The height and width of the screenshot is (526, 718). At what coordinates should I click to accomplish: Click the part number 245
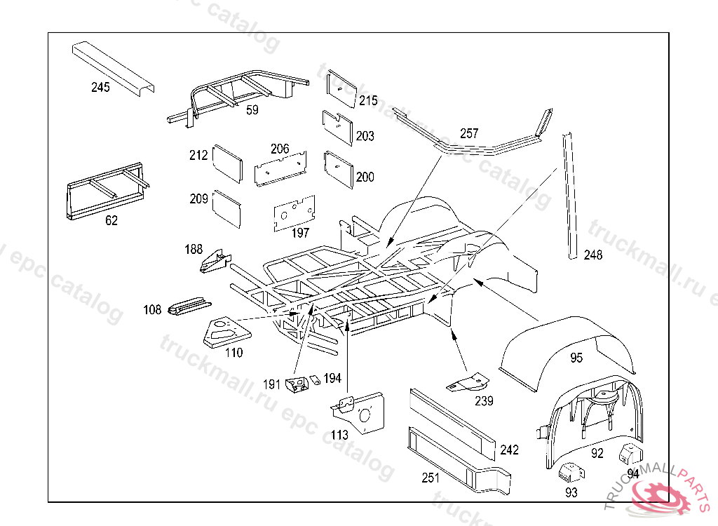coord(100,88)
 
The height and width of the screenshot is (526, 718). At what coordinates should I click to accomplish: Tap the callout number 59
coord(252,110)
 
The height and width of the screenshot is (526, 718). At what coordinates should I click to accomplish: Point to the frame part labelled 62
coord(105,191)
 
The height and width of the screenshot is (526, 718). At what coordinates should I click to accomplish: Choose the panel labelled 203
coord(338,126)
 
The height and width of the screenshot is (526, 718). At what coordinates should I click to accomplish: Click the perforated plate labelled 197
coord(293,213)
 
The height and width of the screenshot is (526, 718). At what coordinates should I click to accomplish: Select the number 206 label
coord(280,149)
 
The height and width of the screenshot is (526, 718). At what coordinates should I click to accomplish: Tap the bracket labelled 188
coord(215,262)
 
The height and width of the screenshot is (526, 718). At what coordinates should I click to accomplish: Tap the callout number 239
coord(484,401)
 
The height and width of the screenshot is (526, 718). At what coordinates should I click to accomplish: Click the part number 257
coord(469,133)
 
